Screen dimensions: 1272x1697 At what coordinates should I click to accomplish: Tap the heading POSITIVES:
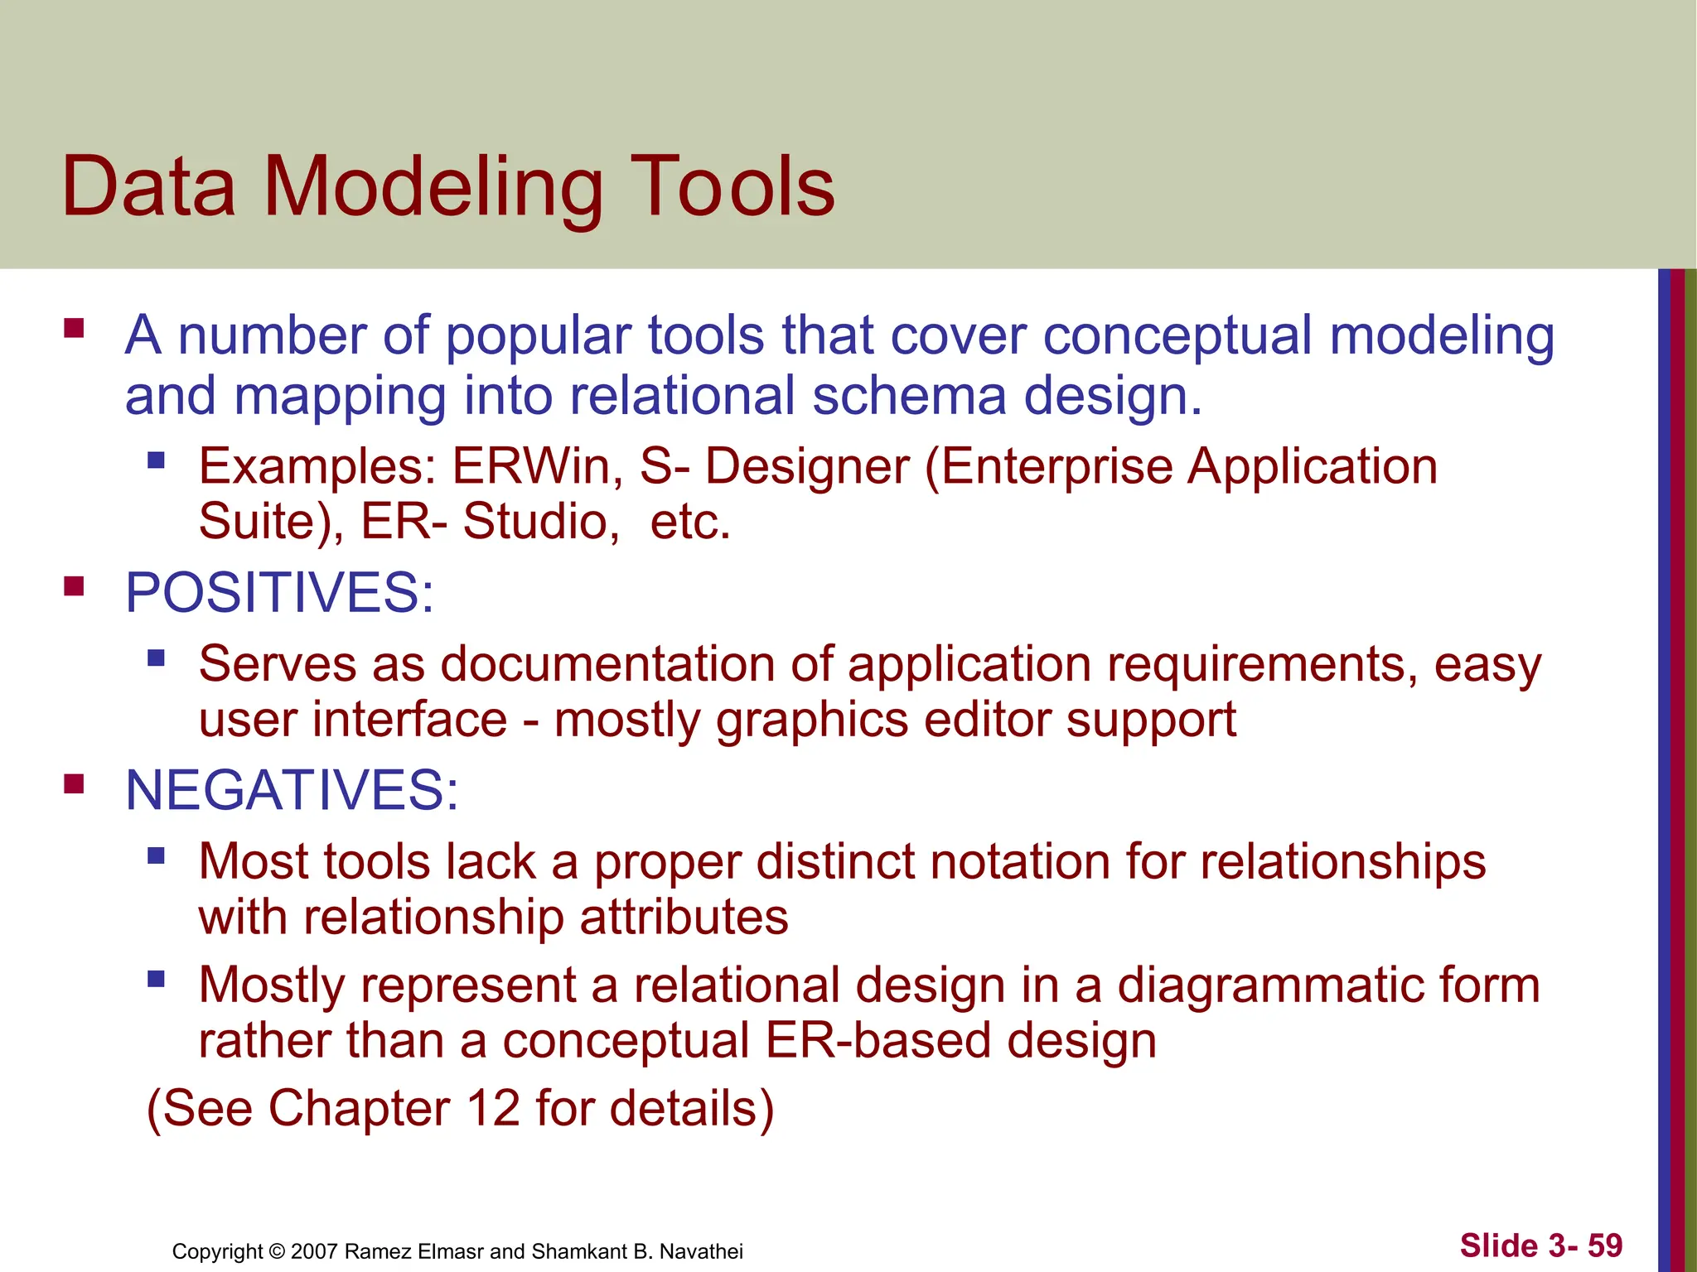[279, 593]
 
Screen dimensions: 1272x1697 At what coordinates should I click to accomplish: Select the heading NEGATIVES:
[292, 790]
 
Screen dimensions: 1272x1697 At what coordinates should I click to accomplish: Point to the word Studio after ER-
[539, 522]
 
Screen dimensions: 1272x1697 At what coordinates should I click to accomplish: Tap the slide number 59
[1605, 1245]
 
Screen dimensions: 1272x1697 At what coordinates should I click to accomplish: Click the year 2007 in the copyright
[314, 1251]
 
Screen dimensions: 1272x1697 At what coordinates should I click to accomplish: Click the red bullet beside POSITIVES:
[75, 587]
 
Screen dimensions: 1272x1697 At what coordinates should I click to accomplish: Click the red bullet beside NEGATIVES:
[75, 784]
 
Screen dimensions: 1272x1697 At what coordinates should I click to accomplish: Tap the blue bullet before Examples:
[156, 460]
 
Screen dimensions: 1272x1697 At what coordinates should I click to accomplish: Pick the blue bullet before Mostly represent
[156, 980]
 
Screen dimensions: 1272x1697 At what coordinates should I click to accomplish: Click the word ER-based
[878, 1041]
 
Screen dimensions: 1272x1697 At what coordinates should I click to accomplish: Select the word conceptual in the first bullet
[1177, 335]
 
